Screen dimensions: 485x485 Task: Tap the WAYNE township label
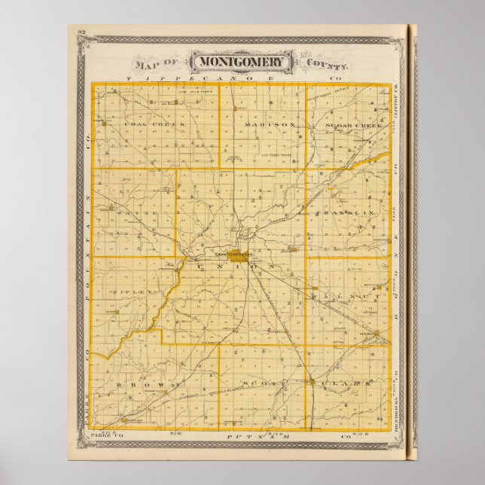[136, 214]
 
